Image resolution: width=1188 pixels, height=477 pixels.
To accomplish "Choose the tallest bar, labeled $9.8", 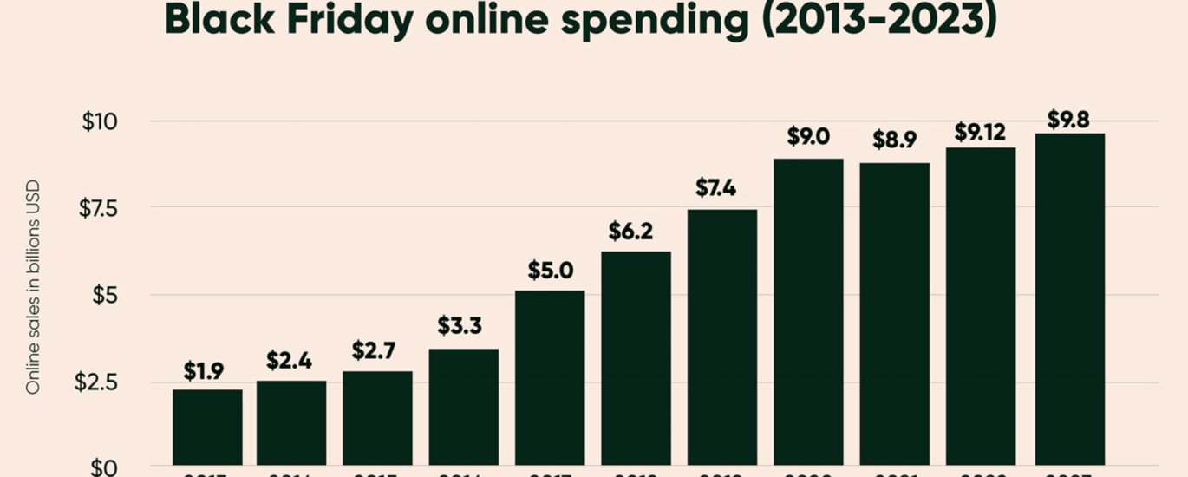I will click(x=1068, y=298).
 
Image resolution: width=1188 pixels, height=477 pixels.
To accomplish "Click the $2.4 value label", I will click(x=290, y=360).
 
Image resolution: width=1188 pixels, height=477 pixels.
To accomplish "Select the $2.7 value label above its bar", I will click(x=375, y=350).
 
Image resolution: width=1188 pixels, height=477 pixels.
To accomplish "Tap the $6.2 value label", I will click(x=630, y=232).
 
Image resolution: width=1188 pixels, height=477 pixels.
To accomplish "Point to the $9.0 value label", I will click(x=808, y=136).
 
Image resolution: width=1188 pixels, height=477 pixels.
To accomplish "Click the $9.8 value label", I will click(x=1068, y=119).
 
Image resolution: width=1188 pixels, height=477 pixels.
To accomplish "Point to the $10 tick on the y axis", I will click(x=99, y=121).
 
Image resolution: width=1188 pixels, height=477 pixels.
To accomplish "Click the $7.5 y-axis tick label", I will click(x=97, y=208).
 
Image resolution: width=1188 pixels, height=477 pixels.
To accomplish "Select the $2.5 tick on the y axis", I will click(x=95, y=382).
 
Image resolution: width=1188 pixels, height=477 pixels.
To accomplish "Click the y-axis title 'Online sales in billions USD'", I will click(x=33, y=287).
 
